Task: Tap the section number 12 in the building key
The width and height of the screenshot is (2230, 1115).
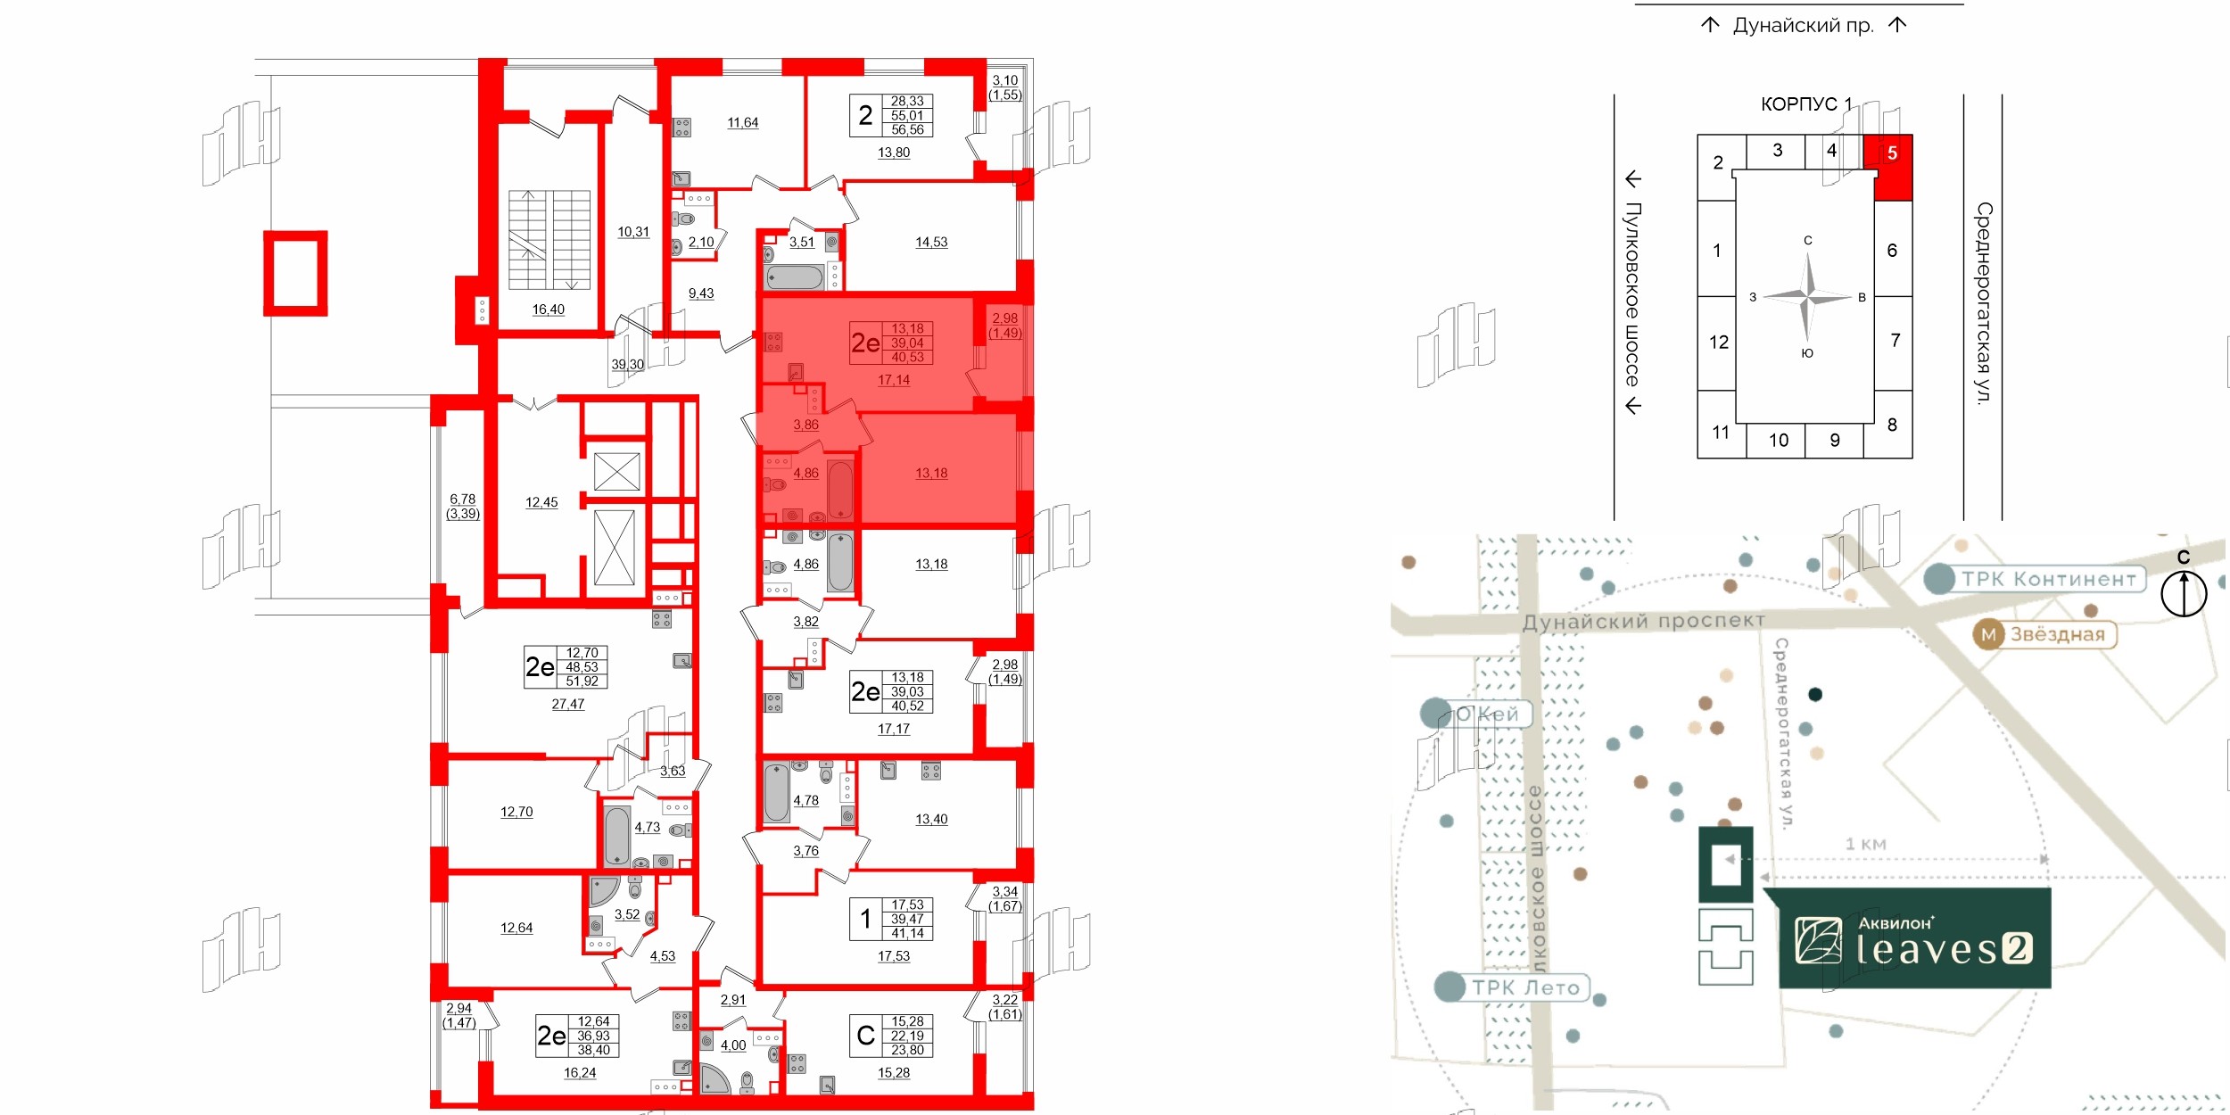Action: point(1718,343)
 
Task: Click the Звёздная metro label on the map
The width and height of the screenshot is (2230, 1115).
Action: point(2044,634)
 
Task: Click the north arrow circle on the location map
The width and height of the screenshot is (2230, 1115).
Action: point(2183,593)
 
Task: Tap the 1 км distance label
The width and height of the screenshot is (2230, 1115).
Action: point(1865,844)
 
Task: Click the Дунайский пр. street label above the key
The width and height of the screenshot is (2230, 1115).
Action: point(1803,26)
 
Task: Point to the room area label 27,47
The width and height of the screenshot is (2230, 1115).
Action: point(567,705)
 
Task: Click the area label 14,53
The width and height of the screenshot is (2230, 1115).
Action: point(930,243)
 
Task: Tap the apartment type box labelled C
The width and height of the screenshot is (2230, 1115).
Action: point(865,1036)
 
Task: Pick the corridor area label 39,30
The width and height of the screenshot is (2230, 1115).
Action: point(627,365)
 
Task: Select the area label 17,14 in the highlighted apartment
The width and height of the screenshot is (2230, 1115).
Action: point(893,380)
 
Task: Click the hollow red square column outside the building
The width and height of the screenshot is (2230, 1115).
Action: point(295,273)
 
